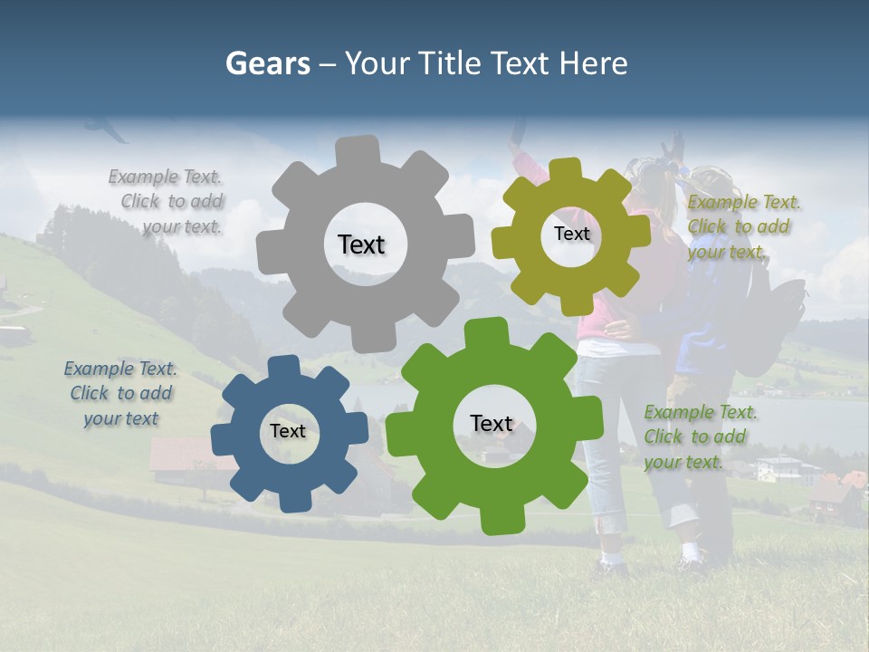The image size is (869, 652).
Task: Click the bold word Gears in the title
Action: click(267, 63)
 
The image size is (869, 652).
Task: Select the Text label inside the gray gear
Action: click(361, 244)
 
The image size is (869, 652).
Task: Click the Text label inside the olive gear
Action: click(571, 234)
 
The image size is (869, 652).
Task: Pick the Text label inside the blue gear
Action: click(288, 431)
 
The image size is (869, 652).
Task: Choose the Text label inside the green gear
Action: click(492, 423)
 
